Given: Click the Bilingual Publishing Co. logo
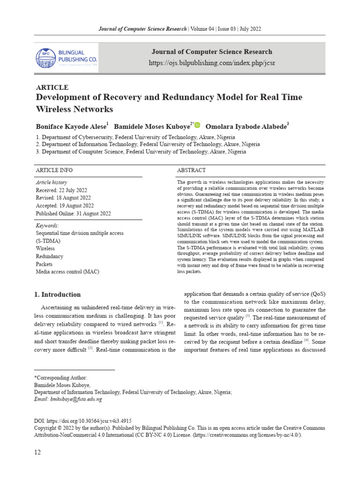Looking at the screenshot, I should pos(67,58).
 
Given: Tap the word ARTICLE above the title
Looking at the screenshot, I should pos(52,88).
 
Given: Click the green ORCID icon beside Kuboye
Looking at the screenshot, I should pos(197,125).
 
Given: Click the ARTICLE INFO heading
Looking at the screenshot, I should pos(54,170).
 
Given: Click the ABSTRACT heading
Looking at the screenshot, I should pos(191,170).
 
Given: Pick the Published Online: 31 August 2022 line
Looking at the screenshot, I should pos(73,213).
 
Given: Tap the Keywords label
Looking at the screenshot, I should pos(47,225).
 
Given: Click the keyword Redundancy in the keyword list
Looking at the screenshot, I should pos(49,256).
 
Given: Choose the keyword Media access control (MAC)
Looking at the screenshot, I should pos(67,272).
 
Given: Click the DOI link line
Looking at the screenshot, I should pos(86,421).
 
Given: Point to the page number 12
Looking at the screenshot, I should pos(37,452).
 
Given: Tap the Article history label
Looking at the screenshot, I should pos(51,182).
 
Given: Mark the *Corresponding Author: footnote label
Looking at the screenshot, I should pos(60,377).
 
